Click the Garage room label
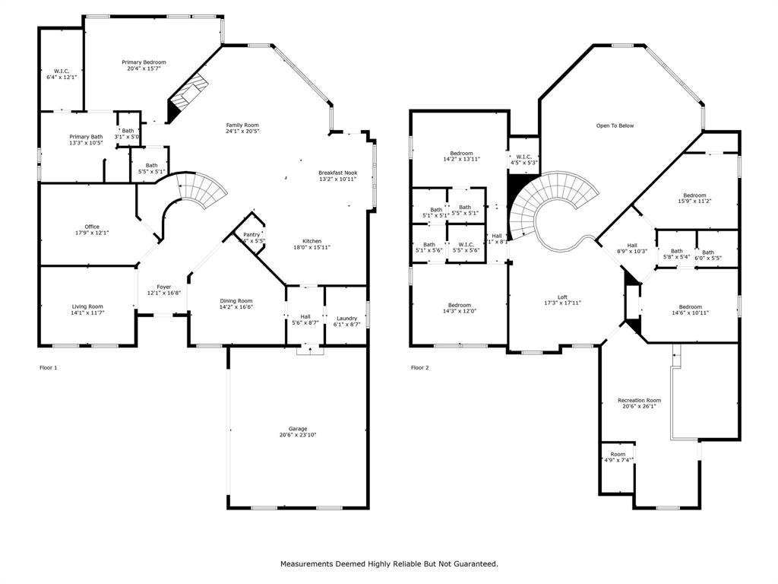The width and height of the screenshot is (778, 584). coord(298,429)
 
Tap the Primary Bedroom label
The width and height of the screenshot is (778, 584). coord(144,62)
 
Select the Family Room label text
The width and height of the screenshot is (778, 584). coord(242,125)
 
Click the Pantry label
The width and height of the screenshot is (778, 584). coord(251,234)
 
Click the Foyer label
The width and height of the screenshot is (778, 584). coord(164,287)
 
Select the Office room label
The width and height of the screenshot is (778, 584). coord(92,227)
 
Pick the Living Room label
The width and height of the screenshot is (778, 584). coord(87,306)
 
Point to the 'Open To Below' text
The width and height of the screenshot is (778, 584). coord(615,125)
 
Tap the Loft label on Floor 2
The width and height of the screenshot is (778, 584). coord(562,297)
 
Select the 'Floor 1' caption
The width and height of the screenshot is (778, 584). coord(49,368)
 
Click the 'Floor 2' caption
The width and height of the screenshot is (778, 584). coord(420,368)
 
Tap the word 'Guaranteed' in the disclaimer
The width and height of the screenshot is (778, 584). coord(473,564)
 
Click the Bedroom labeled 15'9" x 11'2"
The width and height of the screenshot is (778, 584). coord(694,195)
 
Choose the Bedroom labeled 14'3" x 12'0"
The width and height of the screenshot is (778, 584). coord(459,306)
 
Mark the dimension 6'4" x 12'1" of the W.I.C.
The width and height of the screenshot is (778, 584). coord(62,77)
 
